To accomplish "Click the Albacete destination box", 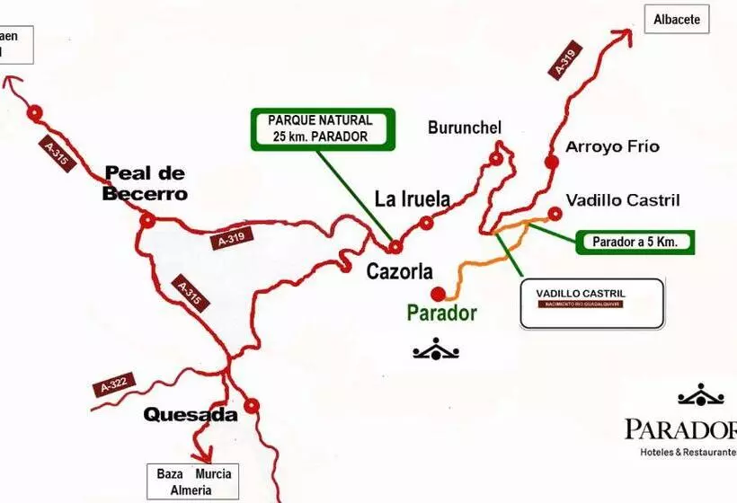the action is click(x=677, y=19).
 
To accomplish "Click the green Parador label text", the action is click(x=441, y=313).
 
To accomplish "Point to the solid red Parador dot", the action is click(x=438, y=294).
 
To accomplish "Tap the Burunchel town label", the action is click(x=464, y=128).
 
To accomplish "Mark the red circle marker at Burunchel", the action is click(x=495, y=159).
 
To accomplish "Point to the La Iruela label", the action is click(x=412, y=199).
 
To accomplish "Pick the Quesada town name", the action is click(x=191, y=415).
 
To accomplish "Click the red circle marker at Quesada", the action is click(x=252, y=405).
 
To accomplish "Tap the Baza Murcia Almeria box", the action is click(x=194, y=481).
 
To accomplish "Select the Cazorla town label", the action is click(x=400, y=270).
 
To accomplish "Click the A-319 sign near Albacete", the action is click(x=564, y=60).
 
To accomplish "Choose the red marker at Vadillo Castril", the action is click(x=555, y=213).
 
